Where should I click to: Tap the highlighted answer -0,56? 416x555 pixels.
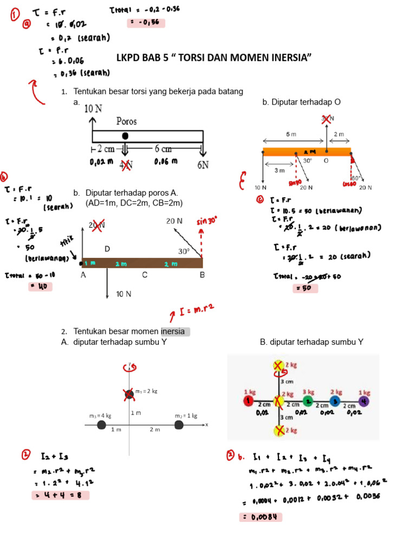(x=145, y=23)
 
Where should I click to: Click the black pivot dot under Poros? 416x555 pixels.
(x=125, y=135)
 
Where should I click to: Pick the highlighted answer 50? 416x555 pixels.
(x=305, y=288)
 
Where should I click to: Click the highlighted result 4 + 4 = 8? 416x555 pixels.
(x=61, y=495)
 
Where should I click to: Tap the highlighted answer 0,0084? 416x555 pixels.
(x=261, y=517)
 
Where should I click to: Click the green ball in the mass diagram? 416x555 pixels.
(x=308, y=401)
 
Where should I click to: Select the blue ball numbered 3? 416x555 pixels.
(x=336, y=401)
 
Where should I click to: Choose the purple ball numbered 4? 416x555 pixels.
(x=364, y=401)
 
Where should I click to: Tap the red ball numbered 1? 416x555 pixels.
(x=248, y=401)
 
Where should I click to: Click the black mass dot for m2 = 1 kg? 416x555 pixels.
(x=179, y=425)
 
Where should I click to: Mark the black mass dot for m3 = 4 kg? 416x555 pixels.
(x=101, y=425)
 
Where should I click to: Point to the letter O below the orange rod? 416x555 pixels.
(x=326, y=160)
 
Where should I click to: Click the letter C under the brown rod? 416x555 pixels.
(x=145, y=275)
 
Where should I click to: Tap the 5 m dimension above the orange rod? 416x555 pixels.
(x=291, y=134)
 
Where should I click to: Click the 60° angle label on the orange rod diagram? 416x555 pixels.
(x=356, y=178)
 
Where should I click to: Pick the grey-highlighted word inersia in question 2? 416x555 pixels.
(x=175, y=331)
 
